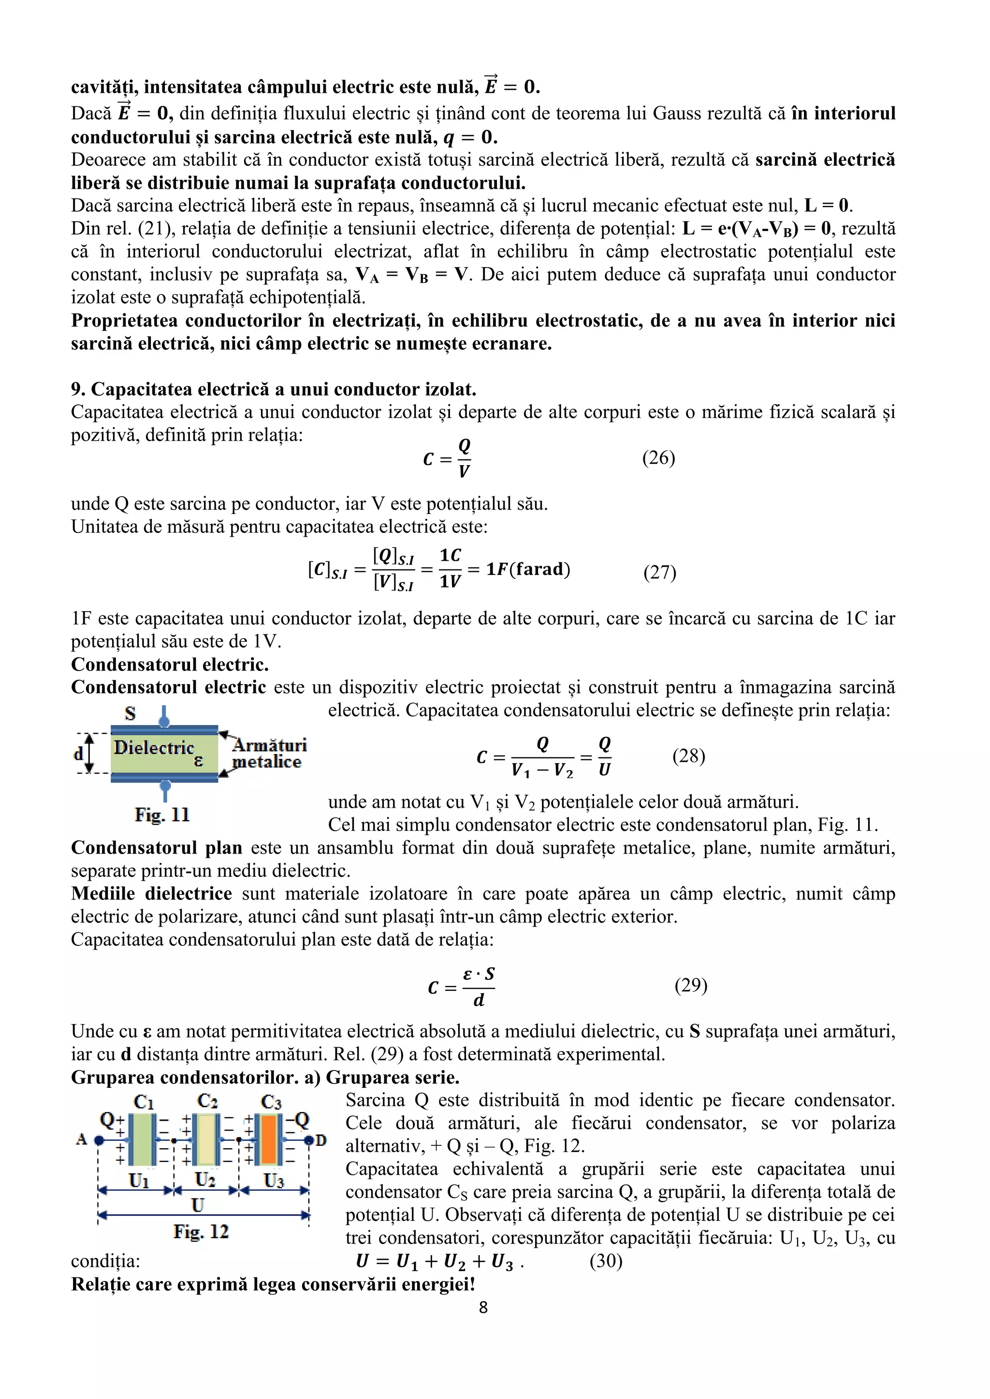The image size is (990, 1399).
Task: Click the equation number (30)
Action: pyautogui.click(x=606, y=1261)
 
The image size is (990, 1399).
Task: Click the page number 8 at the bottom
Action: pyautogui.click(x=483, y=1307)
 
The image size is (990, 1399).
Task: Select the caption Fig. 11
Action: pyautogui.click(x=162, y=814)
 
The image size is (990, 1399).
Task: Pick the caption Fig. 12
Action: pyautogui.click(x=201, y=1231)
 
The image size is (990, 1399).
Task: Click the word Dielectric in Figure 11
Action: pyautogui.click(x=154, y=748)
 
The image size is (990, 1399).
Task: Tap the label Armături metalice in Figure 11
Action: pyautogui.click(x=268, y=754)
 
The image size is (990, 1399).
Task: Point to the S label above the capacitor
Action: pyautogui.click(x=130, y=713)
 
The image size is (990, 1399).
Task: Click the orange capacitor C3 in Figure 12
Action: pyautogui.click(x=269, y=1140)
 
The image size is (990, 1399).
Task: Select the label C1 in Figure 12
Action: pyautogui.click(x=144, y=1101)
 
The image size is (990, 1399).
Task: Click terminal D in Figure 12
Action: pyautogui.click(x=320, y=1140)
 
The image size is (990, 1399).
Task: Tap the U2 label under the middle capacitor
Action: pyautogui.click(x=205, y=1180)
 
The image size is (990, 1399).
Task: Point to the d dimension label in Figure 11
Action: pyautogui.click(x=78, y=754)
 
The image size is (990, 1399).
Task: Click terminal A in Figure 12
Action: pyautogui.click(x=82, y=1140)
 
